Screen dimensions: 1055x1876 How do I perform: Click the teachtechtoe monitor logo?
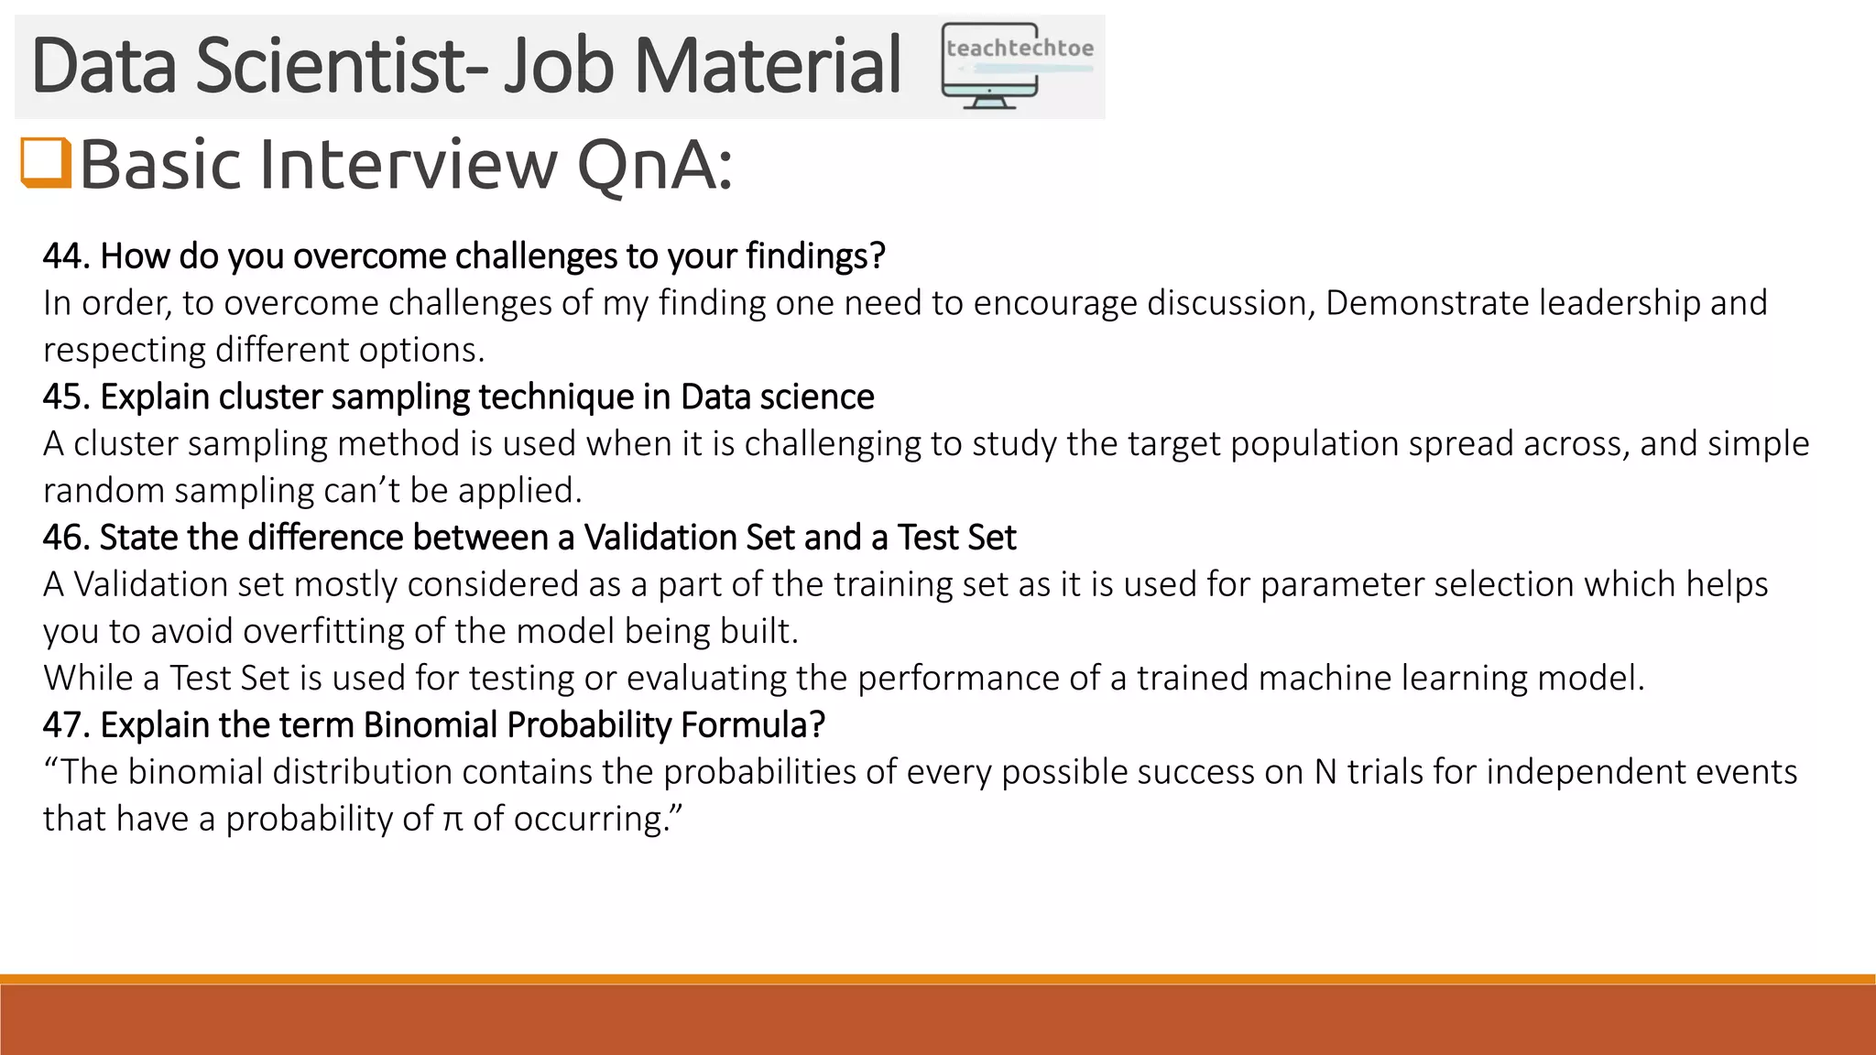click(x=1017, y=66)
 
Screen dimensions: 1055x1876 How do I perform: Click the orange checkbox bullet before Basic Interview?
click(x=46, y=162)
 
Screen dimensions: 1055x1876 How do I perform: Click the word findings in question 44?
click(x=813, y=256)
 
